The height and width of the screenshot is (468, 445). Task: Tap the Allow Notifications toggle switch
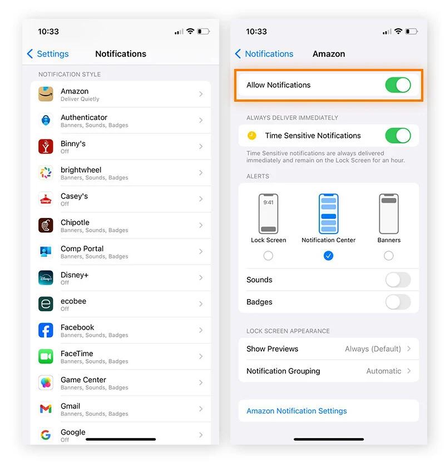(398, 85)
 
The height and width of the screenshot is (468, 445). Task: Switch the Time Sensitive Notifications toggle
(398, 136)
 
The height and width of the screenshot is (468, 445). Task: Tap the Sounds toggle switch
(398, 280)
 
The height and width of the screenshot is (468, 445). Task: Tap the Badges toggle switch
(398, 302)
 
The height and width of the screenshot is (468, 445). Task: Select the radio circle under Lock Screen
(268, 256)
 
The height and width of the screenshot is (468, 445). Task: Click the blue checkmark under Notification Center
(329, 256)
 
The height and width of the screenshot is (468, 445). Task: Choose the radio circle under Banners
(389, 256)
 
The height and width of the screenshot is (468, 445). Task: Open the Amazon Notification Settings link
(296, 411)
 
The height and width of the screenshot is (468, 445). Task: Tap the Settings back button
(48, 54)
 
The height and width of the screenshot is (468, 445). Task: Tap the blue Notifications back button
(264, 54)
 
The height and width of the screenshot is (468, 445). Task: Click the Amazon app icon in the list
(46, 94)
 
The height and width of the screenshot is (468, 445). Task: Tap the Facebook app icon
(46, 330)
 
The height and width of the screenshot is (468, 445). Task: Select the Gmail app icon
(46, 409)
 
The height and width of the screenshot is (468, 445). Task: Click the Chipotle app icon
(46, 225)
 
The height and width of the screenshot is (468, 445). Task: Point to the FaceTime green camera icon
(46, 356)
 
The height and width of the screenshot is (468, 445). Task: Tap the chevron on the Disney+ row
(201, 277)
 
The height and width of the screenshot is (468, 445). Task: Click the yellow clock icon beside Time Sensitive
(252, 136)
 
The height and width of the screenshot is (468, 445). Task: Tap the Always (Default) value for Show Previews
(373, 349)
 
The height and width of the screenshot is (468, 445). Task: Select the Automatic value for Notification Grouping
(383, 371)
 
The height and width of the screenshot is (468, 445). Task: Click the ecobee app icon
(46, 304)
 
